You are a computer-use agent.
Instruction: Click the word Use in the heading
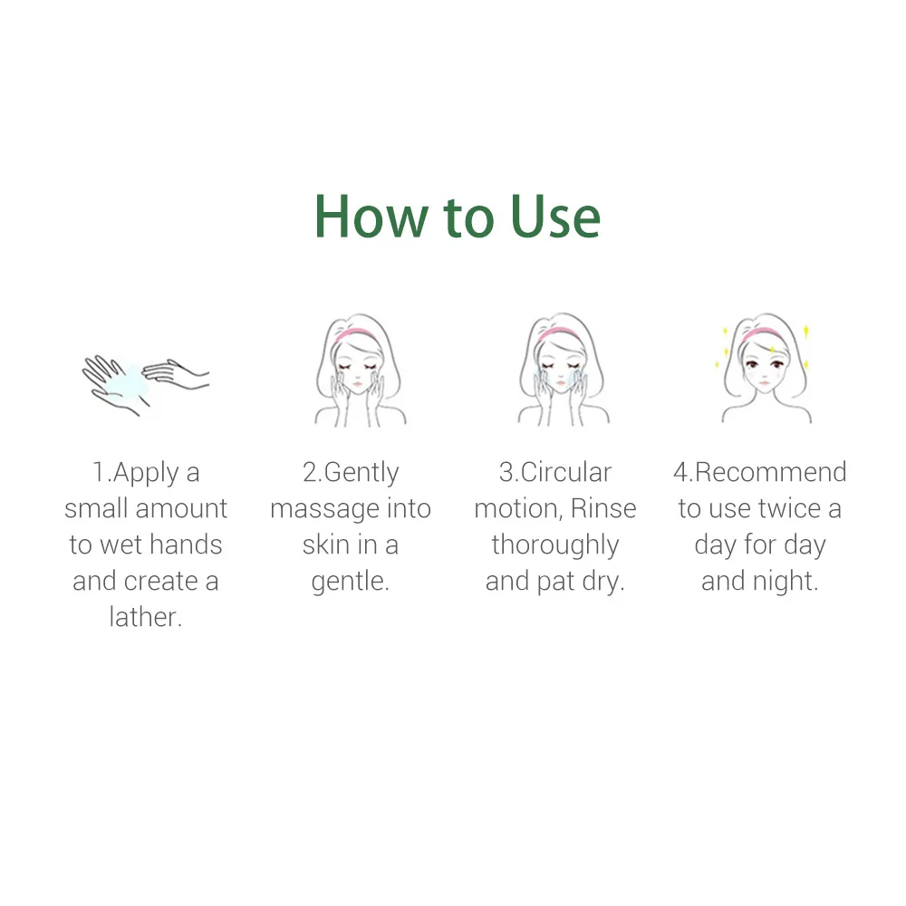coord(555,217)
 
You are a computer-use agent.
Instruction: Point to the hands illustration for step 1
coord(145,381)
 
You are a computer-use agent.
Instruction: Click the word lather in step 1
coord(146,617)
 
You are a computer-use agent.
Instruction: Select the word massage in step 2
coord(323,509)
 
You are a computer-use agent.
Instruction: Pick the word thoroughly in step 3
coord(555,545)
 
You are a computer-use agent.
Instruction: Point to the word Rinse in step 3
coord(603,509)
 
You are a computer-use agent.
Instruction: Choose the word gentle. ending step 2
coord(351,581)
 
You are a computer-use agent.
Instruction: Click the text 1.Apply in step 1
coord(135,473)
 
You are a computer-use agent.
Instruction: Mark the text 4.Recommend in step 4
coord(759,472)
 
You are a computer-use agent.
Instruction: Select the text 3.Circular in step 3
coord(555,472)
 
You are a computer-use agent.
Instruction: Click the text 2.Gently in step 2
coord(351,473)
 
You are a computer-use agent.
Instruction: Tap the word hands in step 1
coord(186,545)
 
